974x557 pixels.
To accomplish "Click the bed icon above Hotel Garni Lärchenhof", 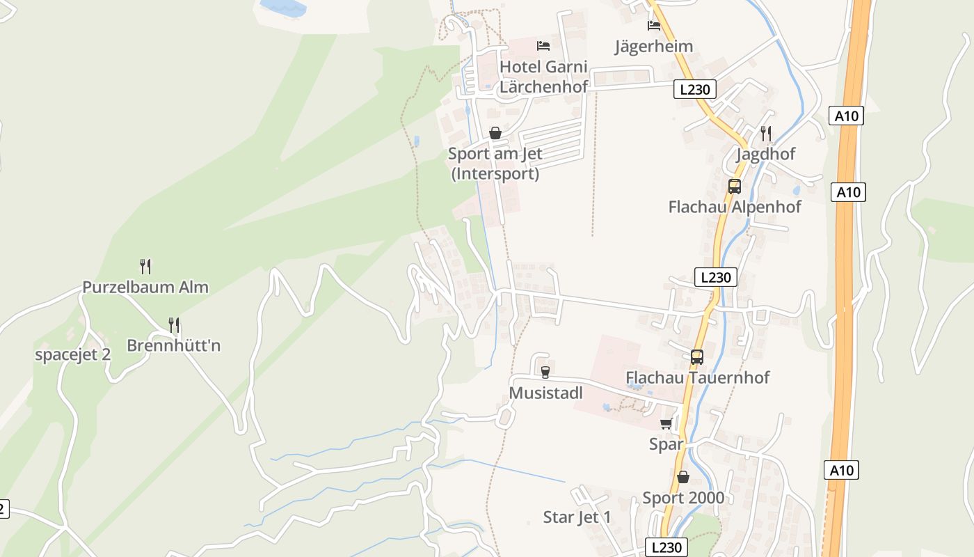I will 543,46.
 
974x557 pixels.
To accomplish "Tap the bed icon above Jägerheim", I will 654,26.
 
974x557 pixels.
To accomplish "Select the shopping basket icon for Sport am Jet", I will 495,132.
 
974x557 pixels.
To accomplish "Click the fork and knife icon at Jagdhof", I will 766,133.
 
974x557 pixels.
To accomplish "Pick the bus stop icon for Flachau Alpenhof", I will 735,186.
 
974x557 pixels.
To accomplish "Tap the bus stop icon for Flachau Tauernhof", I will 697,356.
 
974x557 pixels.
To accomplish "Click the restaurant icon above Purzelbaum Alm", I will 145,266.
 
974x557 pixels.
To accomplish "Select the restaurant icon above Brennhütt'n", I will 174,324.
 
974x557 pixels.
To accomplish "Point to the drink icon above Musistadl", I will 545,372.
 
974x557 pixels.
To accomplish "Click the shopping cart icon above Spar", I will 666,423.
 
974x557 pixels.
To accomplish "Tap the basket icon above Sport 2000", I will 683,477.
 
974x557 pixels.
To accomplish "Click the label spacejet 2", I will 73,354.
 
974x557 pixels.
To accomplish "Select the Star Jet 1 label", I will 577,517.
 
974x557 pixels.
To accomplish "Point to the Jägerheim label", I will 654,47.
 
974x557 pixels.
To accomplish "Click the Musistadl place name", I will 545,393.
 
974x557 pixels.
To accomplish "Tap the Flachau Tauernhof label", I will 698,377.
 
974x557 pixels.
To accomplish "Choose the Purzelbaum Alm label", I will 145,287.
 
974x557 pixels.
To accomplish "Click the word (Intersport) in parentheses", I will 495,173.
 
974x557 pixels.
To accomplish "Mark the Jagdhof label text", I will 765,154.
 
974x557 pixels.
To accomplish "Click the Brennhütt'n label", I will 174,345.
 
